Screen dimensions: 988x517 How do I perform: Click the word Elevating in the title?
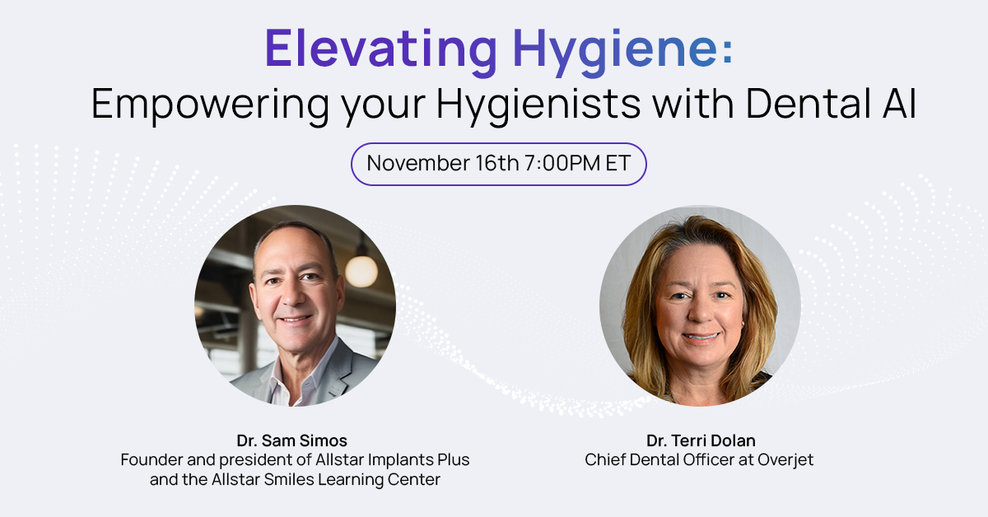pos(381,48)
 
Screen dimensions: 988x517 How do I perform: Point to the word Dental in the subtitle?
pos(809,104)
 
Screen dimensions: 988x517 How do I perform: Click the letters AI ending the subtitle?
pos(900,104)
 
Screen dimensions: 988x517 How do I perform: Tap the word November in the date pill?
pos(418,163)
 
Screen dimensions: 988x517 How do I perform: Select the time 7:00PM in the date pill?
pos(562,163)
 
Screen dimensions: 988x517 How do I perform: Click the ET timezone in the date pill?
pos(617,163)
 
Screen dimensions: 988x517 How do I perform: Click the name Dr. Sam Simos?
pos(292,440)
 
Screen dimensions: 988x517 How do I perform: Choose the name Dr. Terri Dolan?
pos(701,440)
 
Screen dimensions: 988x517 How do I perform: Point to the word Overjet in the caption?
pos(785,460)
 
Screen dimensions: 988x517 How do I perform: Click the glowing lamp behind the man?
pos(361,272)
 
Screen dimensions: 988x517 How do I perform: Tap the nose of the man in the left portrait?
pos(291,296)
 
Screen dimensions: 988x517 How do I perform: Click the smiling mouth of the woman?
pos(701,338)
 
